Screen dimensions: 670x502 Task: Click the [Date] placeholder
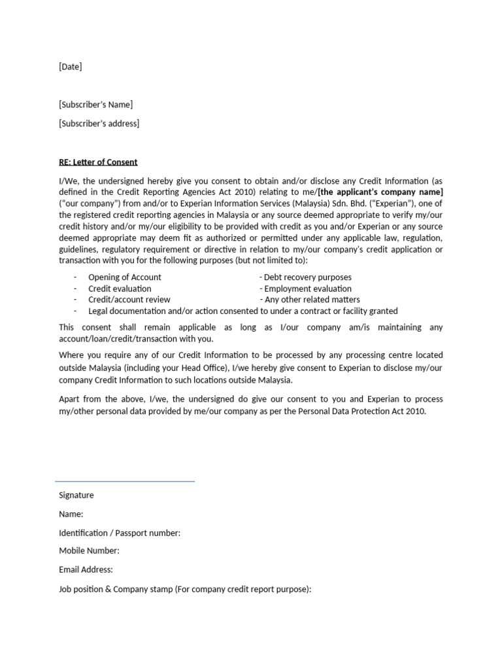[x=71, y=67]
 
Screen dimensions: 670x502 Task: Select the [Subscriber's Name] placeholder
[x=95, y=105]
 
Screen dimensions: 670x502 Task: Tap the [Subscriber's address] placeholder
[x=99, y=124]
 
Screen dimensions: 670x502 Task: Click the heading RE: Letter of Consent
[x=98, y=162]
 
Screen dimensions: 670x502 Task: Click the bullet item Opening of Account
[x=125, y=277]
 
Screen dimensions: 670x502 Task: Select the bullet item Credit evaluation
[x=120, y=289]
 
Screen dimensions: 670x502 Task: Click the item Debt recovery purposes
[x=307, y=277]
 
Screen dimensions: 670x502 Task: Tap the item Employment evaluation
[x=307, y=289]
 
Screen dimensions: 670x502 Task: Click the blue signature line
[x=125, y=482]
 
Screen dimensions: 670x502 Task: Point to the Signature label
[x=76, y=495]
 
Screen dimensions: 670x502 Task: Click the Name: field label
[x=71, y=514]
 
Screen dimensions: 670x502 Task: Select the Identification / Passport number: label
[x=120, y=533]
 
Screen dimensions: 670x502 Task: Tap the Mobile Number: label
[x=89, y=552]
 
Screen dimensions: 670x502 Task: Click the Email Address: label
[x=86, y=570]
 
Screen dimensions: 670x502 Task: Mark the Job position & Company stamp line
[x=185, y=589]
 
